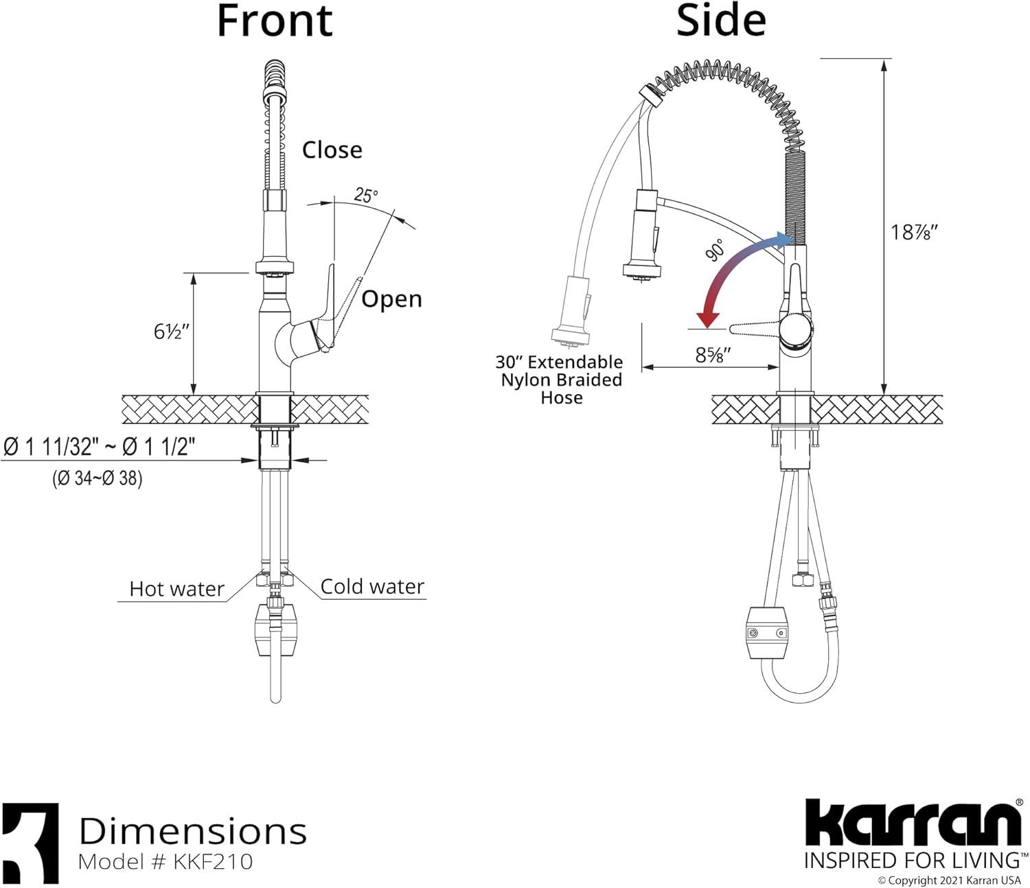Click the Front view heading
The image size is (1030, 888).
click(x=275, y=21)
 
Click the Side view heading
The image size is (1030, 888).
click(x=720, y=21)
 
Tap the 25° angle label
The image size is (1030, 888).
click(x=366, y=196)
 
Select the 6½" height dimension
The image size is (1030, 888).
click(x=171, y=331)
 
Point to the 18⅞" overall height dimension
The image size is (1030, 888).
click(x=914, y=233)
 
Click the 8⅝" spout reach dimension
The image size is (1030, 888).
click(x=713, y=355)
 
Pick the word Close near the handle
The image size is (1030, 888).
click(x=332, y=150)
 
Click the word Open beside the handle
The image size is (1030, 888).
click(x=391, y=299)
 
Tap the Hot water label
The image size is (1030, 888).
click(x=176, y=589)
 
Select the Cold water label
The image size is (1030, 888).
click(x=372, y=587)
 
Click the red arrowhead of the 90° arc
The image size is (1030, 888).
click(x=707, y=319)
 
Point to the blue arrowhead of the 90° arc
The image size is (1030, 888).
click(x=783, y=239)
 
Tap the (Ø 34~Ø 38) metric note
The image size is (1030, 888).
click(x=98, y=478)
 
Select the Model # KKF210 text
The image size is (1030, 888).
click(x=165, y=862)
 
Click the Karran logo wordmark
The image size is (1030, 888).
click(x=913, y=823)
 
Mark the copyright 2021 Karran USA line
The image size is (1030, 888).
click(x=949, y=880)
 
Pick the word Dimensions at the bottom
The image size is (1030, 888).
click(x=193, y=831)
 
